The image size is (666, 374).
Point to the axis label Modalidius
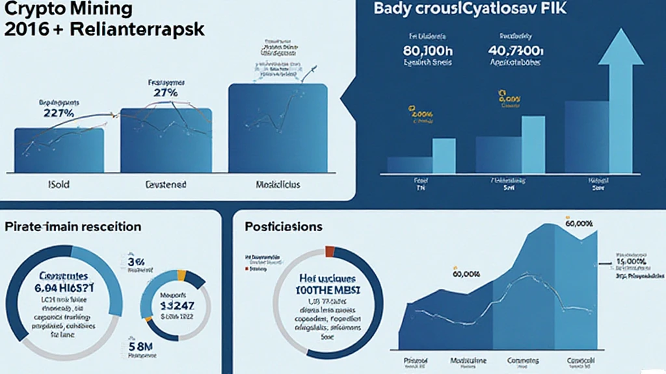(x=278, y=184)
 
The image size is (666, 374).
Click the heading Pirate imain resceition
(x=73, y=227)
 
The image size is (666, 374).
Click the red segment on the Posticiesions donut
(x=329, y=251)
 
